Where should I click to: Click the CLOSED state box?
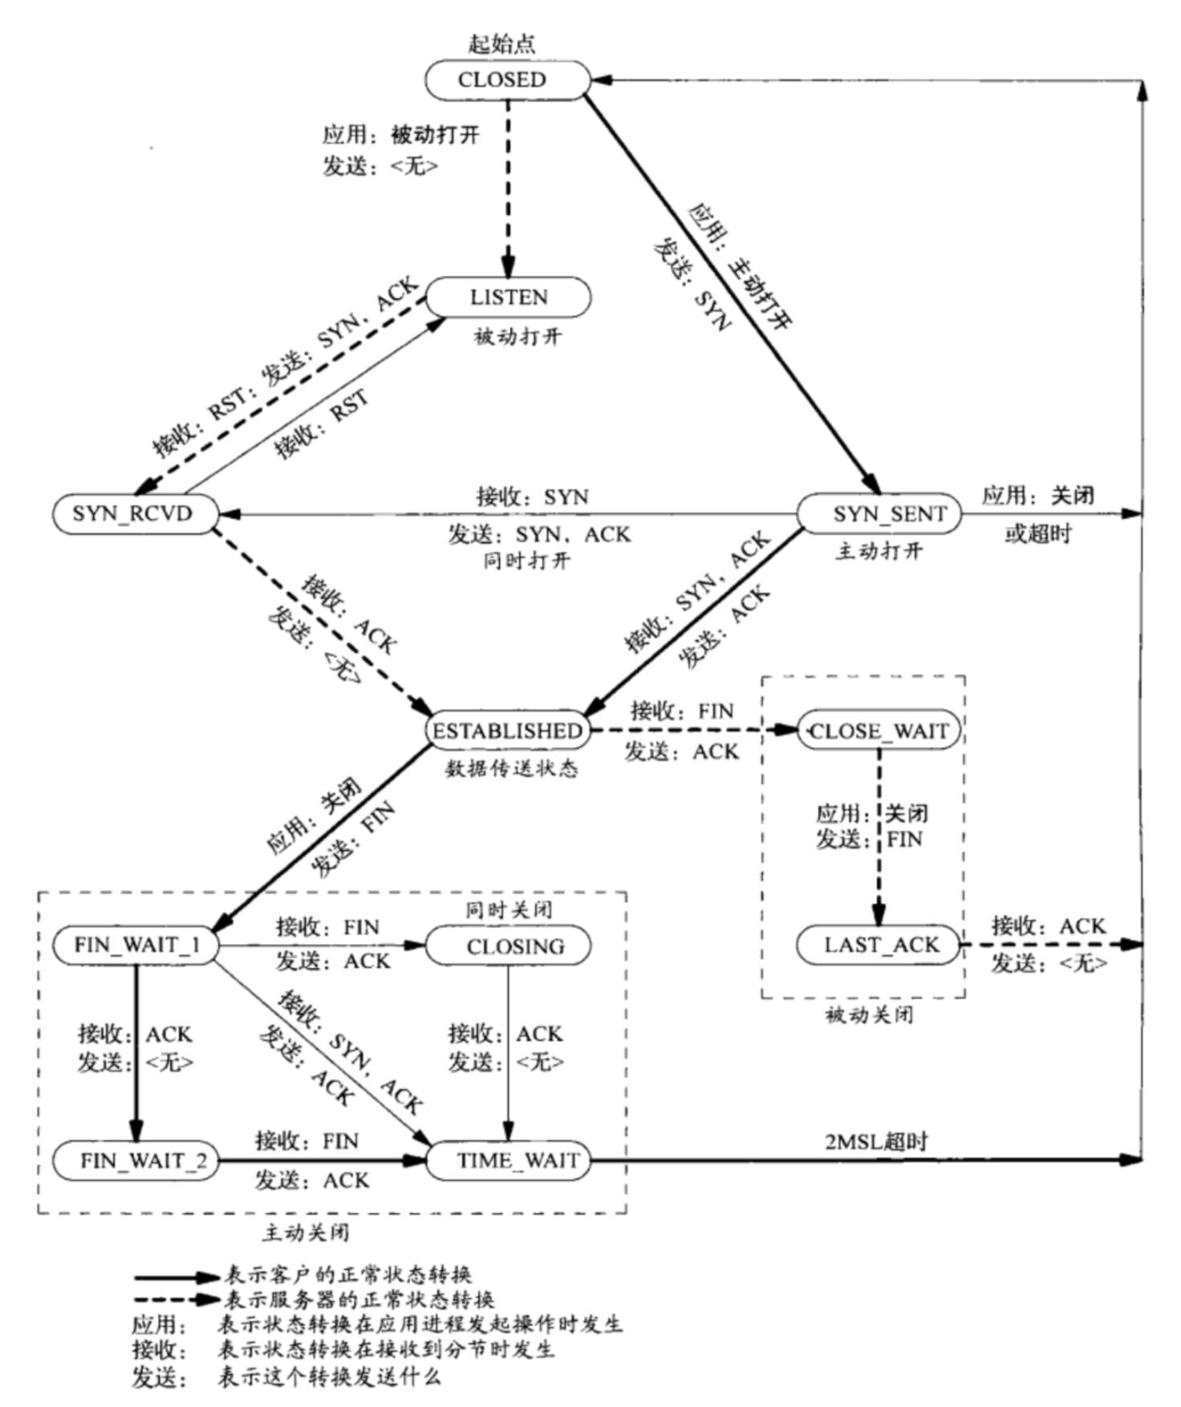[507, 80]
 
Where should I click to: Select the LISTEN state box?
[508, 298]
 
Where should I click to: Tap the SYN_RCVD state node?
[134, 513]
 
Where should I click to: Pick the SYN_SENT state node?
[879, 513]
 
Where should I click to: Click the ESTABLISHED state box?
[507, 731]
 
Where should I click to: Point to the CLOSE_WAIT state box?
[879, 731]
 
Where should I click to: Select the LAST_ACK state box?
[879, 946]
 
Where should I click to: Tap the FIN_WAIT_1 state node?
[136, 945]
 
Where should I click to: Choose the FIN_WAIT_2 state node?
[136, 1161]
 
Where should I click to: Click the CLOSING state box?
[508, 947]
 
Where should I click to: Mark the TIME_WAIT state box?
[508, 1161]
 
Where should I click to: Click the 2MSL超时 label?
[875, 1141]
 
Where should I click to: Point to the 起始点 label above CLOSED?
[501, 43]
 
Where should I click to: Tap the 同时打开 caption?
[526, 561]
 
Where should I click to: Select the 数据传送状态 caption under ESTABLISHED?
[511, 768]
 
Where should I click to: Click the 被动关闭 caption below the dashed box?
[869, 1016]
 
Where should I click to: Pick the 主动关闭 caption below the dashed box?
[306, 1232]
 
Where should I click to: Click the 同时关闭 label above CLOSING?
[509, 910]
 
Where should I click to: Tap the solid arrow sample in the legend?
[177, 1275]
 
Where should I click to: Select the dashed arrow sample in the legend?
[177, 1300]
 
